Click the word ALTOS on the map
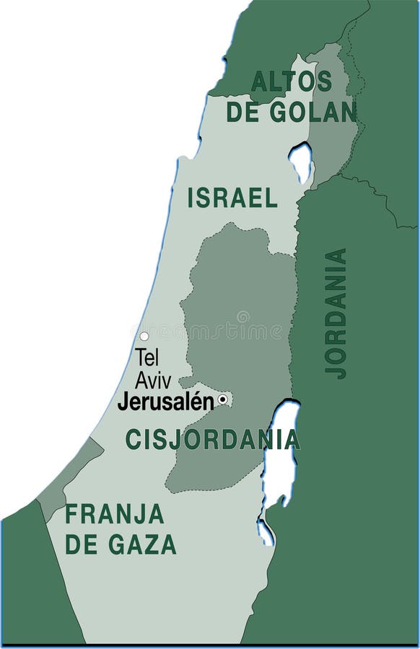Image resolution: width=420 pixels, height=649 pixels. click(291, 81)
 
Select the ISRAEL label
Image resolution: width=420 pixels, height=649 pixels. click(232, 198)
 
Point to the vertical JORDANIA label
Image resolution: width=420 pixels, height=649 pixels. click(336, 313)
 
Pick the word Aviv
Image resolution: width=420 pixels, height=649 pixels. click(153, 381)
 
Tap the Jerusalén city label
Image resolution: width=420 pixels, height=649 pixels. click(166, 402)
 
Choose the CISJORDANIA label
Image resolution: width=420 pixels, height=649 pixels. click(213, 439)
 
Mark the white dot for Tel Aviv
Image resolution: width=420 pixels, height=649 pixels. click(144, 336)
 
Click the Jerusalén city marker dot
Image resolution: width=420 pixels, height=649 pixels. click(223, 399)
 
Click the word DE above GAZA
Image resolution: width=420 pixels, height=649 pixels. click(82, 545)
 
